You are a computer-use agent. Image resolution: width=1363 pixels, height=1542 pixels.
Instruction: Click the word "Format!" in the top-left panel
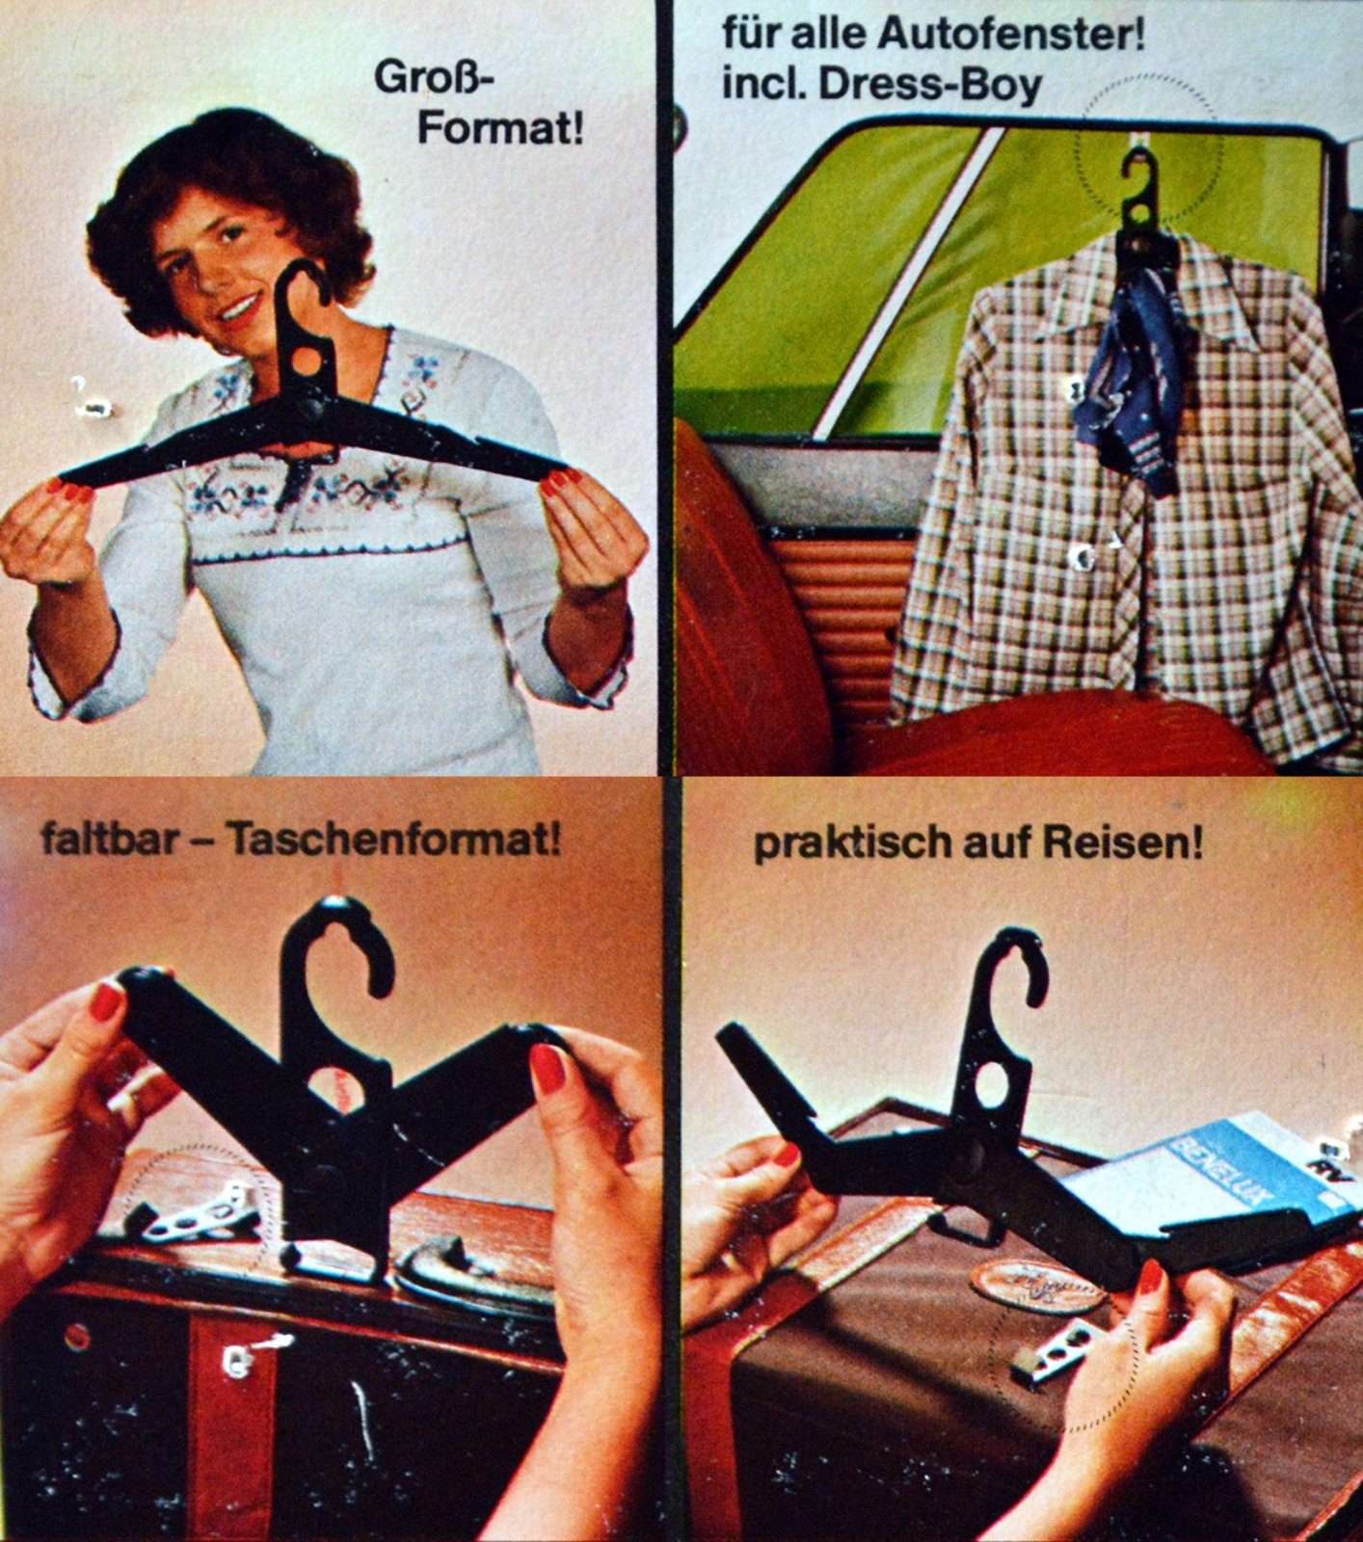tap(499, 127)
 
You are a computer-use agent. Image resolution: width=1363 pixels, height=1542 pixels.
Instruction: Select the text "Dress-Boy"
tap(930, 85)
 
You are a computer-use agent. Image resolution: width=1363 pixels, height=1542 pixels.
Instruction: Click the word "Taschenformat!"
tap(392, 839)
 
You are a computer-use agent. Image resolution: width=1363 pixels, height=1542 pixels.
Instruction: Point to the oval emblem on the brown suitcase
tap(1037, 1286)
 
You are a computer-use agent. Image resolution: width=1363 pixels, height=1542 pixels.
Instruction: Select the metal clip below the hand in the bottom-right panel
tap(1056, 1348)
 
